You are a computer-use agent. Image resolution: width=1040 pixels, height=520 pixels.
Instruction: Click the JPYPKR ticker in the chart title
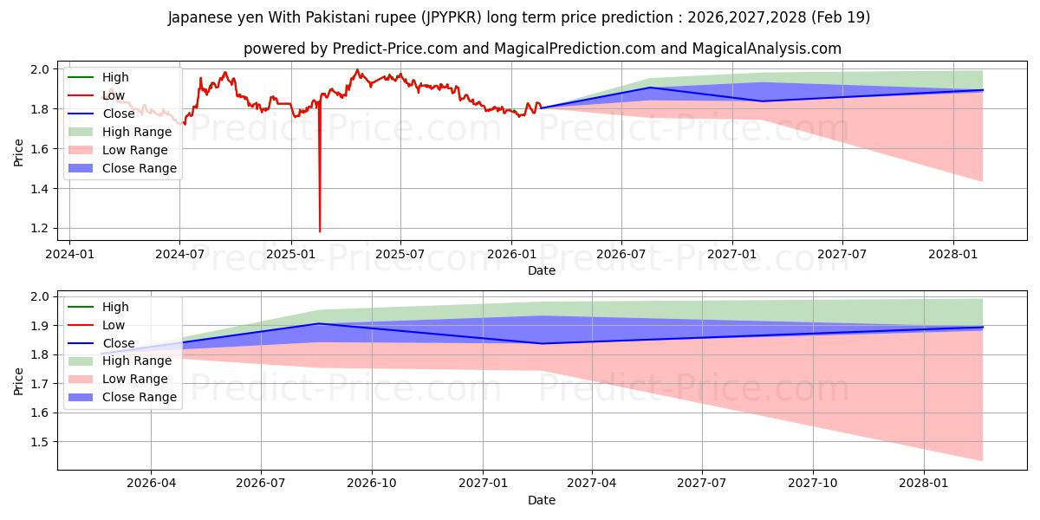click(452, 17)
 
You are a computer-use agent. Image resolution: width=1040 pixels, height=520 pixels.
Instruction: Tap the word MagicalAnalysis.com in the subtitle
click(766, 49)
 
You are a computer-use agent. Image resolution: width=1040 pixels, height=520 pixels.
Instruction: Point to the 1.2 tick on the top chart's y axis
click(40, 229)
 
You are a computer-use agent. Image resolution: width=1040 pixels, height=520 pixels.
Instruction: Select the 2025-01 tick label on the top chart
click(290, 255)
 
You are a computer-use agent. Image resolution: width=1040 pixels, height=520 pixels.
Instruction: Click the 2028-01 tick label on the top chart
click(952, 255)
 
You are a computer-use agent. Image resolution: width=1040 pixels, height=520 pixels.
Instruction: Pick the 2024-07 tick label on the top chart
click(180, 255)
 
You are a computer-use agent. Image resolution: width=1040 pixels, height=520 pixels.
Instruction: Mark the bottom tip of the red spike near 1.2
click(320, 231)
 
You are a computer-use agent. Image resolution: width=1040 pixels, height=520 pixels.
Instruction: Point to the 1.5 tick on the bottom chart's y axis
click(40, 442)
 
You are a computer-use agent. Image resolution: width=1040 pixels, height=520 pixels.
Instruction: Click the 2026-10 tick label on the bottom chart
click(372, 484)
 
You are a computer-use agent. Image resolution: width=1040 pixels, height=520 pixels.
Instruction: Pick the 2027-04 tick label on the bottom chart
click(591, 484)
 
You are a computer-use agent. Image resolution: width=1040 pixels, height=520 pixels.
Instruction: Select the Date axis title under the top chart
click(542, 270)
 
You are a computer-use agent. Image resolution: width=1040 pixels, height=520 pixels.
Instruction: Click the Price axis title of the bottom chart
click(18, 381)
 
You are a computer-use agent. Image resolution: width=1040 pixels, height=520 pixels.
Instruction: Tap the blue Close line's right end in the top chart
click(983, 90)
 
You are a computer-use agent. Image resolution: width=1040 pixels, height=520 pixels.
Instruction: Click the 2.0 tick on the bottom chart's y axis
click(40, 296)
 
